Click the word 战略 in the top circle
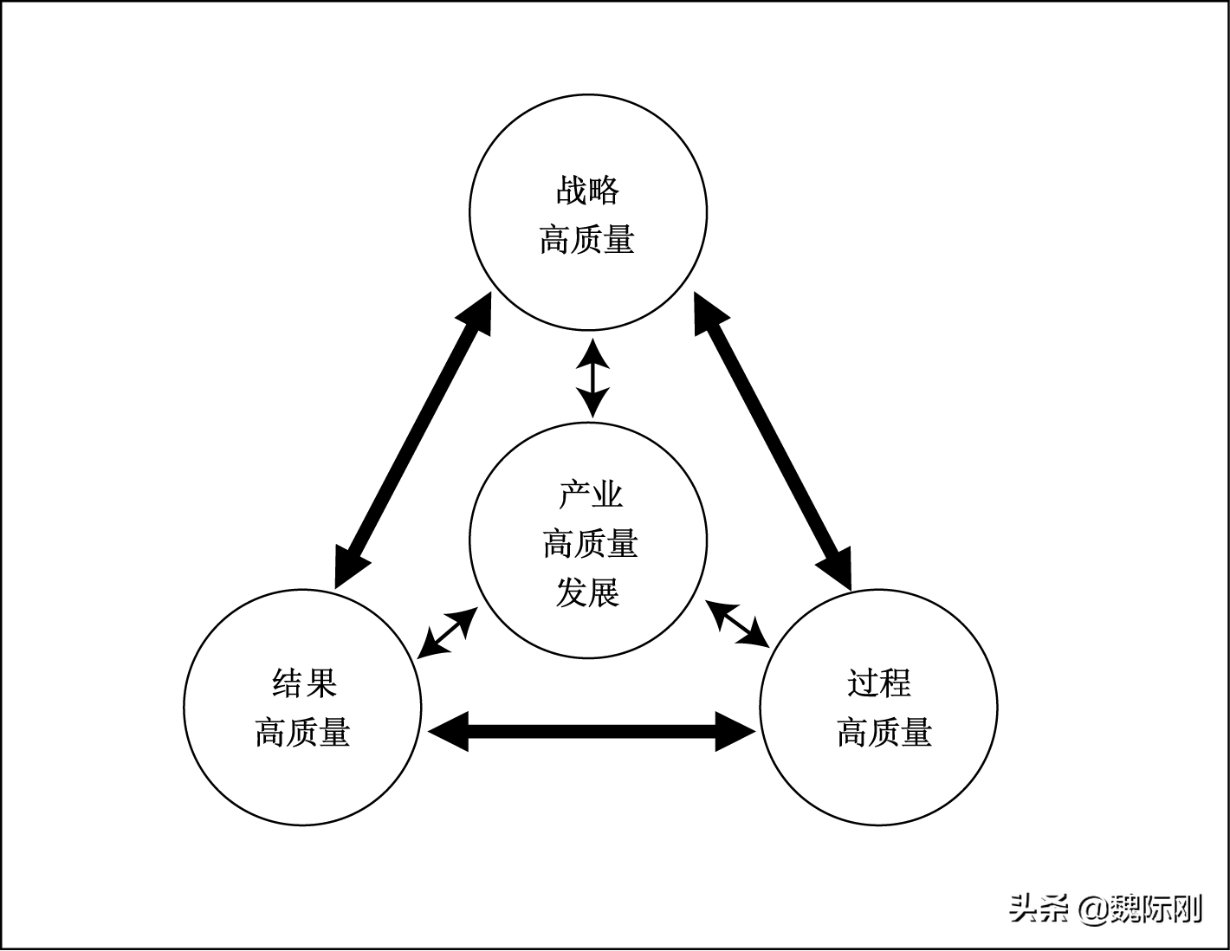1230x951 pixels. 588,191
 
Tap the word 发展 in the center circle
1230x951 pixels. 588,594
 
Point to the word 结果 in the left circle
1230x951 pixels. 304,683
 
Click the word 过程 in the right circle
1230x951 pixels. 879,683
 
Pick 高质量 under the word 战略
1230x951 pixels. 587,240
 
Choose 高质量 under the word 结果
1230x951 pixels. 302,733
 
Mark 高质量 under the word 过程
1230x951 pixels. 884,733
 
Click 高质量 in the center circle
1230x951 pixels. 591,544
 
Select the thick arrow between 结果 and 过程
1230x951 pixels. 592,732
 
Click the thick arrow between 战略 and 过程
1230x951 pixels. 772,441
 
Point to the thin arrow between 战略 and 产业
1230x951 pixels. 592,378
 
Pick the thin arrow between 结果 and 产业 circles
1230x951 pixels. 447,633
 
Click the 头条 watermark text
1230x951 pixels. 1038,909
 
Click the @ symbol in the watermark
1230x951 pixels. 1093,909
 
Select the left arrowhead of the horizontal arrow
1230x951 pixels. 447,732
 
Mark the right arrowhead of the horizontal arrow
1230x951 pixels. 736,732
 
